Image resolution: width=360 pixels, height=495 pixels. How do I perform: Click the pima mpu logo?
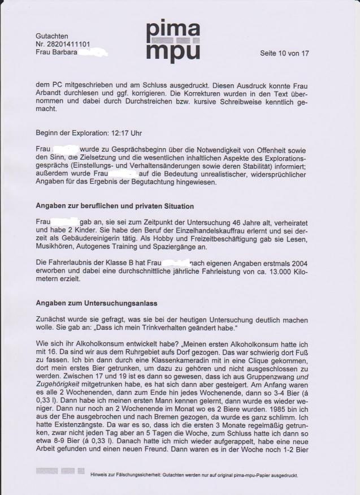tap(173, 40)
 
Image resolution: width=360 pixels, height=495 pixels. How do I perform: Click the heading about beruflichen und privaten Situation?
tap(115, 206)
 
